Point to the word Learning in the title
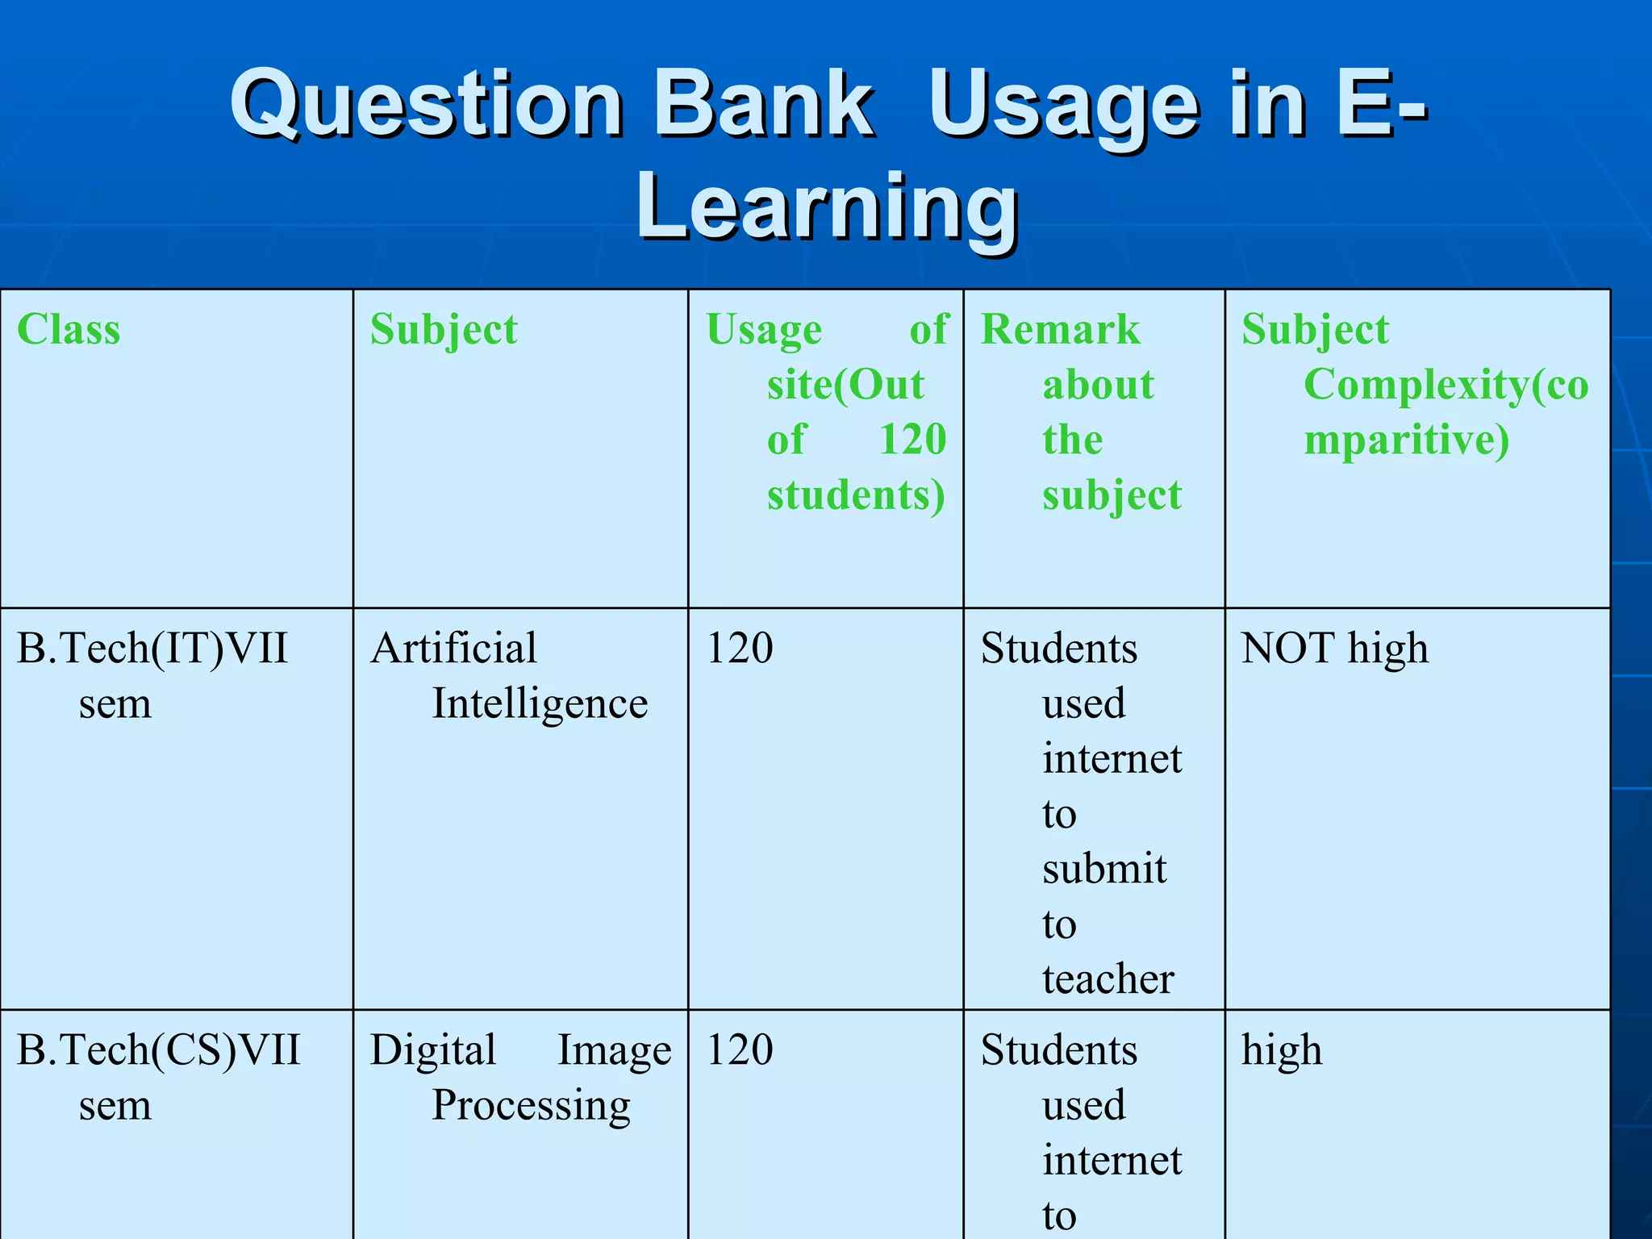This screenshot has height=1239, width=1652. coord(827,207)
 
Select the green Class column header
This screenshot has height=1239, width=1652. coord(69,330)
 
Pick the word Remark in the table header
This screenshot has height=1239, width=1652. coord(1060,330)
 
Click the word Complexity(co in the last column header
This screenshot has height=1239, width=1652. coord(1445,385)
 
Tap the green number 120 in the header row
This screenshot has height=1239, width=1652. coord(912,440)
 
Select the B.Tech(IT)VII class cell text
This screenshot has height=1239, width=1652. coord(152,649)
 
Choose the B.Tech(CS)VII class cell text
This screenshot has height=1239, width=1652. coord(158,1050)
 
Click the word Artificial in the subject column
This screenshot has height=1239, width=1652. coord(453,649)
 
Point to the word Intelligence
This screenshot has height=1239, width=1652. coord(540,704)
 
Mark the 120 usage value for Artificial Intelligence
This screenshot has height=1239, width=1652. coord(740,649)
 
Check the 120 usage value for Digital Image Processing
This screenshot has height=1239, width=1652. coord(740,1050)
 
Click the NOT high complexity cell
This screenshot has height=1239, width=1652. coord(1334,649)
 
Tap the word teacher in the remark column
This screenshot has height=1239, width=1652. coord(1108,979)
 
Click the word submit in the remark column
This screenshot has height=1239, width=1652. coord(1104,870)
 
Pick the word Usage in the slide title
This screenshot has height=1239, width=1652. coord(1063,110)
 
